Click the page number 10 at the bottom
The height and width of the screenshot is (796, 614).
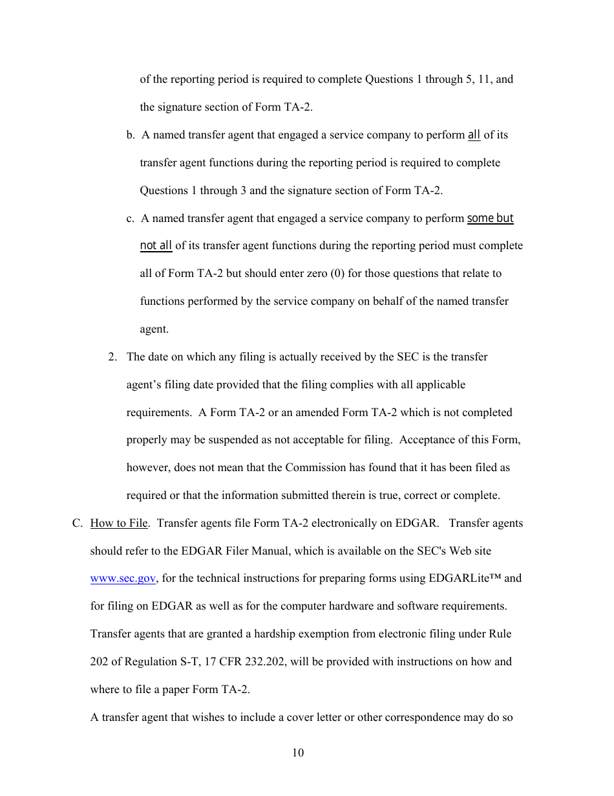click(x=297, y=753)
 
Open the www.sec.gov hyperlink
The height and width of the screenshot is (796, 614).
click(x=123, y=579)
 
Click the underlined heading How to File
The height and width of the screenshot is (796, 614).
click(x=119, y=523)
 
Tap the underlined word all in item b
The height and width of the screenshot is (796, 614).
click(x=474, y=135)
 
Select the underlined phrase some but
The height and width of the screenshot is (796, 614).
click(x=490, y=218)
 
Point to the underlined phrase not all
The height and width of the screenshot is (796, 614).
click(x=156, y=245)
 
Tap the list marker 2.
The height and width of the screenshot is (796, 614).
click(x=112, y=357)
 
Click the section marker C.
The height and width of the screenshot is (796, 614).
click(x=77, y=523)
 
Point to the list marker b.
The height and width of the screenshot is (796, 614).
click(x=130, y=135)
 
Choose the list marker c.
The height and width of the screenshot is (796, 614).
click(x=130, y=218)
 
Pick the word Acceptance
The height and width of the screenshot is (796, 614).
click(x=427, y=439)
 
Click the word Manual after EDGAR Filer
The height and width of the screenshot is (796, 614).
click(x=260, y=551)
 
